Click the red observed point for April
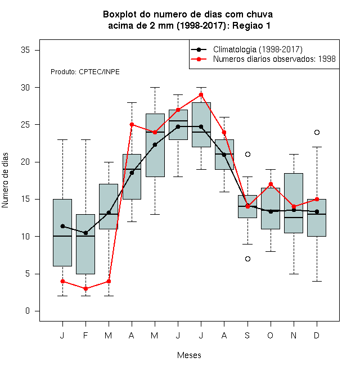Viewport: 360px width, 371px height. tap(132, 124)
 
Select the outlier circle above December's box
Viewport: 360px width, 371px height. tap(317, 132)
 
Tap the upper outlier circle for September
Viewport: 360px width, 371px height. tap(247, 154)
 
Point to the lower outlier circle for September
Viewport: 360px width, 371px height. tap(247, 259)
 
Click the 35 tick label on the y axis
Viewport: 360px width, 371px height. tap(25, 50)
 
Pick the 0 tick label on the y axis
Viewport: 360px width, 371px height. tap(28, 311)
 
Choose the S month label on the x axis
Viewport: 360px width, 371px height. tap(247, 335)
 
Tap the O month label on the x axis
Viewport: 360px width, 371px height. tap(271, 335)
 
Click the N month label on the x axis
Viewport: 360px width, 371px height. tap(294, 335)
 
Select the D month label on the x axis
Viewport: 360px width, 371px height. tap(317, 335)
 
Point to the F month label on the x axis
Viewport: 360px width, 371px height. tap(85, 335)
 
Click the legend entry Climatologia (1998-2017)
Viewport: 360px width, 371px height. tap(247, 49)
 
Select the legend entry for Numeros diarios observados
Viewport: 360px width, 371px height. tap(263, 59)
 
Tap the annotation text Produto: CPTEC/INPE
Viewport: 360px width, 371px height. tap(85, 72)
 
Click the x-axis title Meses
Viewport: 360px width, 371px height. tap(189, 355)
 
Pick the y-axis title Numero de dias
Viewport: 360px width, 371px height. tap(5, 180)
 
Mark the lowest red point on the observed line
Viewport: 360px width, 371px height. tap(85, 289)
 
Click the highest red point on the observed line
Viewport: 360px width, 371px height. tap(201, 95)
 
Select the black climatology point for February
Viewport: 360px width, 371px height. tap(85, 233)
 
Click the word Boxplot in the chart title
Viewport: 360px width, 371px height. tap(120, 15)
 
